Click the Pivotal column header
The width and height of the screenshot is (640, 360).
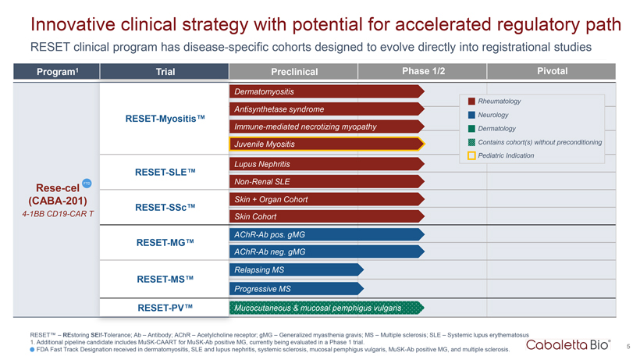coord(553,71)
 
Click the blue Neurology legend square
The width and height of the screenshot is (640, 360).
coord(471,115)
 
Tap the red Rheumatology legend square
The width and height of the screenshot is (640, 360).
coord(471,102)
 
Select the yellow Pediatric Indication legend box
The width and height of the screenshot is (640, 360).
coord(471,155)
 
